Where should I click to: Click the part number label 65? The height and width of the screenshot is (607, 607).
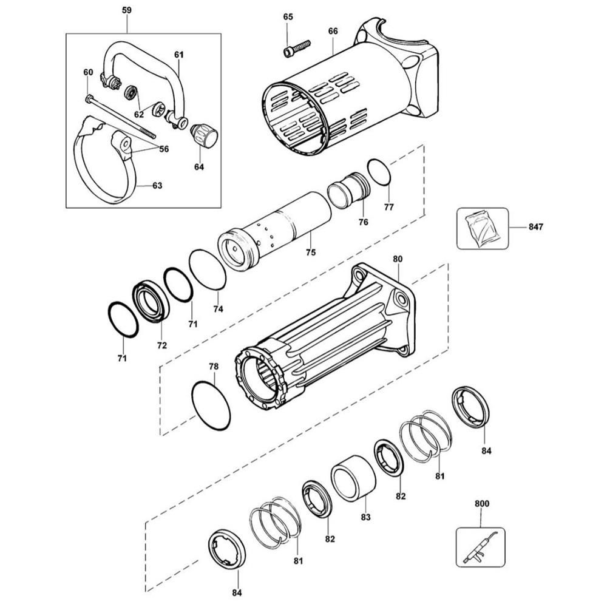pos(288,17)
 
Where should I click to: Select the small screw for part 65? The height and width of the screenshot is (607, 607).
pos(296,48)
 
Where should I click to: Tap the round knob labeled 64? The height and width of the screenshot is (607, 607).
pos(205,135)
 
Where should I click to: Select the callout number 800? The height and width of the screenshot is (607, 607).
pos(481,503)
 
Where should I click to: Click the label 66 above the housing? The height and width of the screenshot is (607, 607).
pos(333,32)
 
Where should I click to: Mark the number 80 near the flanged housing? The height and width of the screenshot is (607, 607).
pos(398,259)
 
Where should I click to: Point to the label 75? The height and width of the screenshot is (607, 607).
pos(310,252)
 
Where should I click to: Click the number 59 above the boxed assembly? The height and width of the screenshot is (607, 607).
pos(126,10)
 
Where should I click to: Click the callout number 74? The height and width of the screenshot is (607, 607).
pos(217,309)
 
